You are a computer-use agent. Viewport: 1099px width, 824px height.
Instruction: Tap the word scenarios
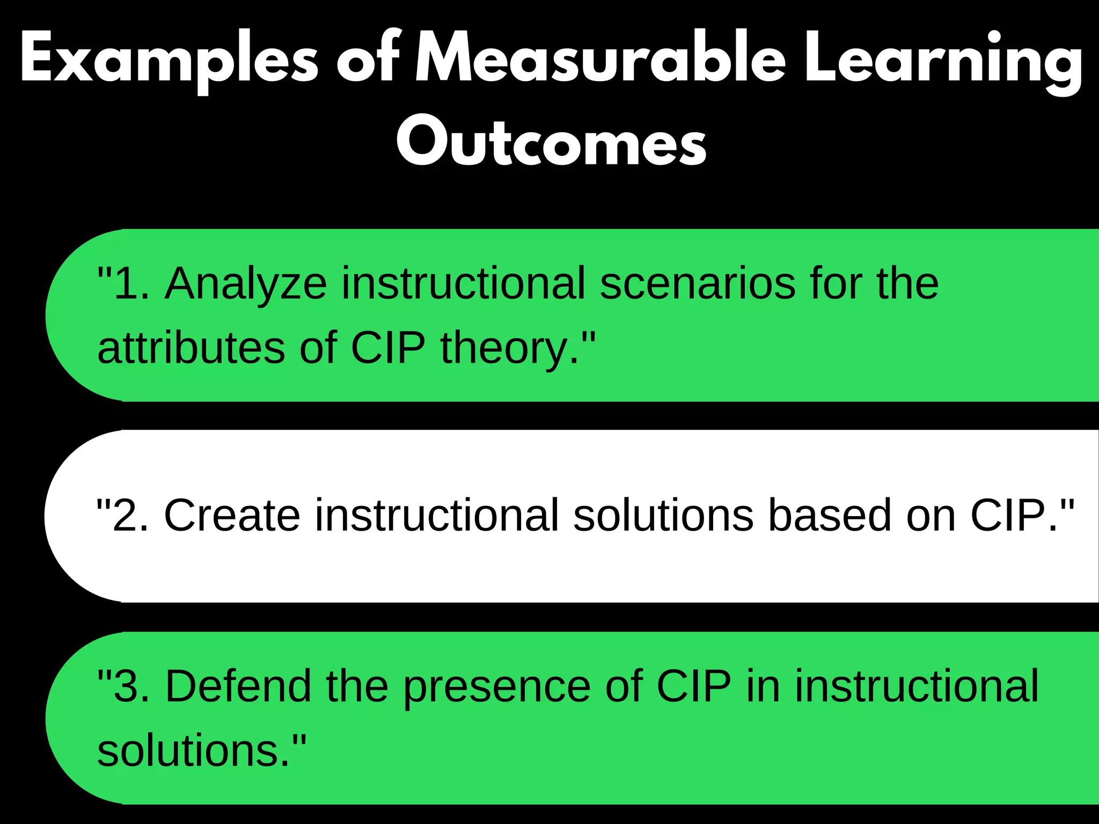698,283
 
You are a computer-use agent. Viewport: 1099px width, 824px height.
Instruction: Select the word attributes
191,348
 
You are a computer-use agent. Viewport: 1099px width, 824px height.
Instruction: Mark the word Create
232,515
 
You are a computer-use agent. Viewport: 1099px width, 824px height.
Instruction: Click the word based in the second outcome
830,515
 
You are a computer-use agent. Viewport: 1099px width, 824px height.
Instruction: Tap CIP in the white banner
1008,515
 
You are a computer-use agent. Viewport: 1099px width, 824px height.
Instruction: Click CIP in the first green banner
388,348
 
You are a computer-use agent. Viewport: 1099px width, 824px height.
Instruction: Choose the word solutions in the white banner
663,515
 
